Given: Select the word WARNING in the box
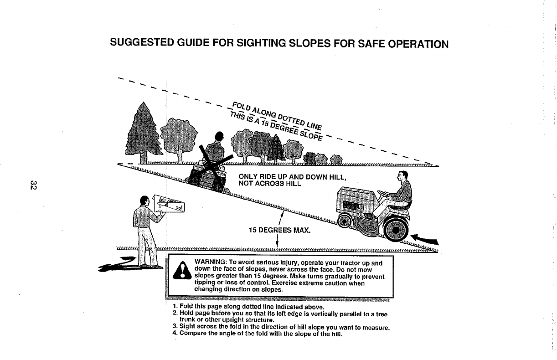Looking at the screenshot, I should pyautogui.click(x=209, y=263).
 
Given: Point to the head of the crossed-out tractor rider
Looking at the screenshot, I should pyautogui.click(x=220, y=135).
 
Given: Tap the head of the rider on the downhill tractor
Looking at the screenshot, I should pyautogui.click(x=402, y=177).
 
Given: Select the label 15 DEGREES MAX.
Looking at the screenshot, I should pyautogui.click(x=279, y=230).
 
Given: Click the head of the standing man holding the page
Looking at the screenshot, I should pyautogui.click(x=144, y=201).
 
